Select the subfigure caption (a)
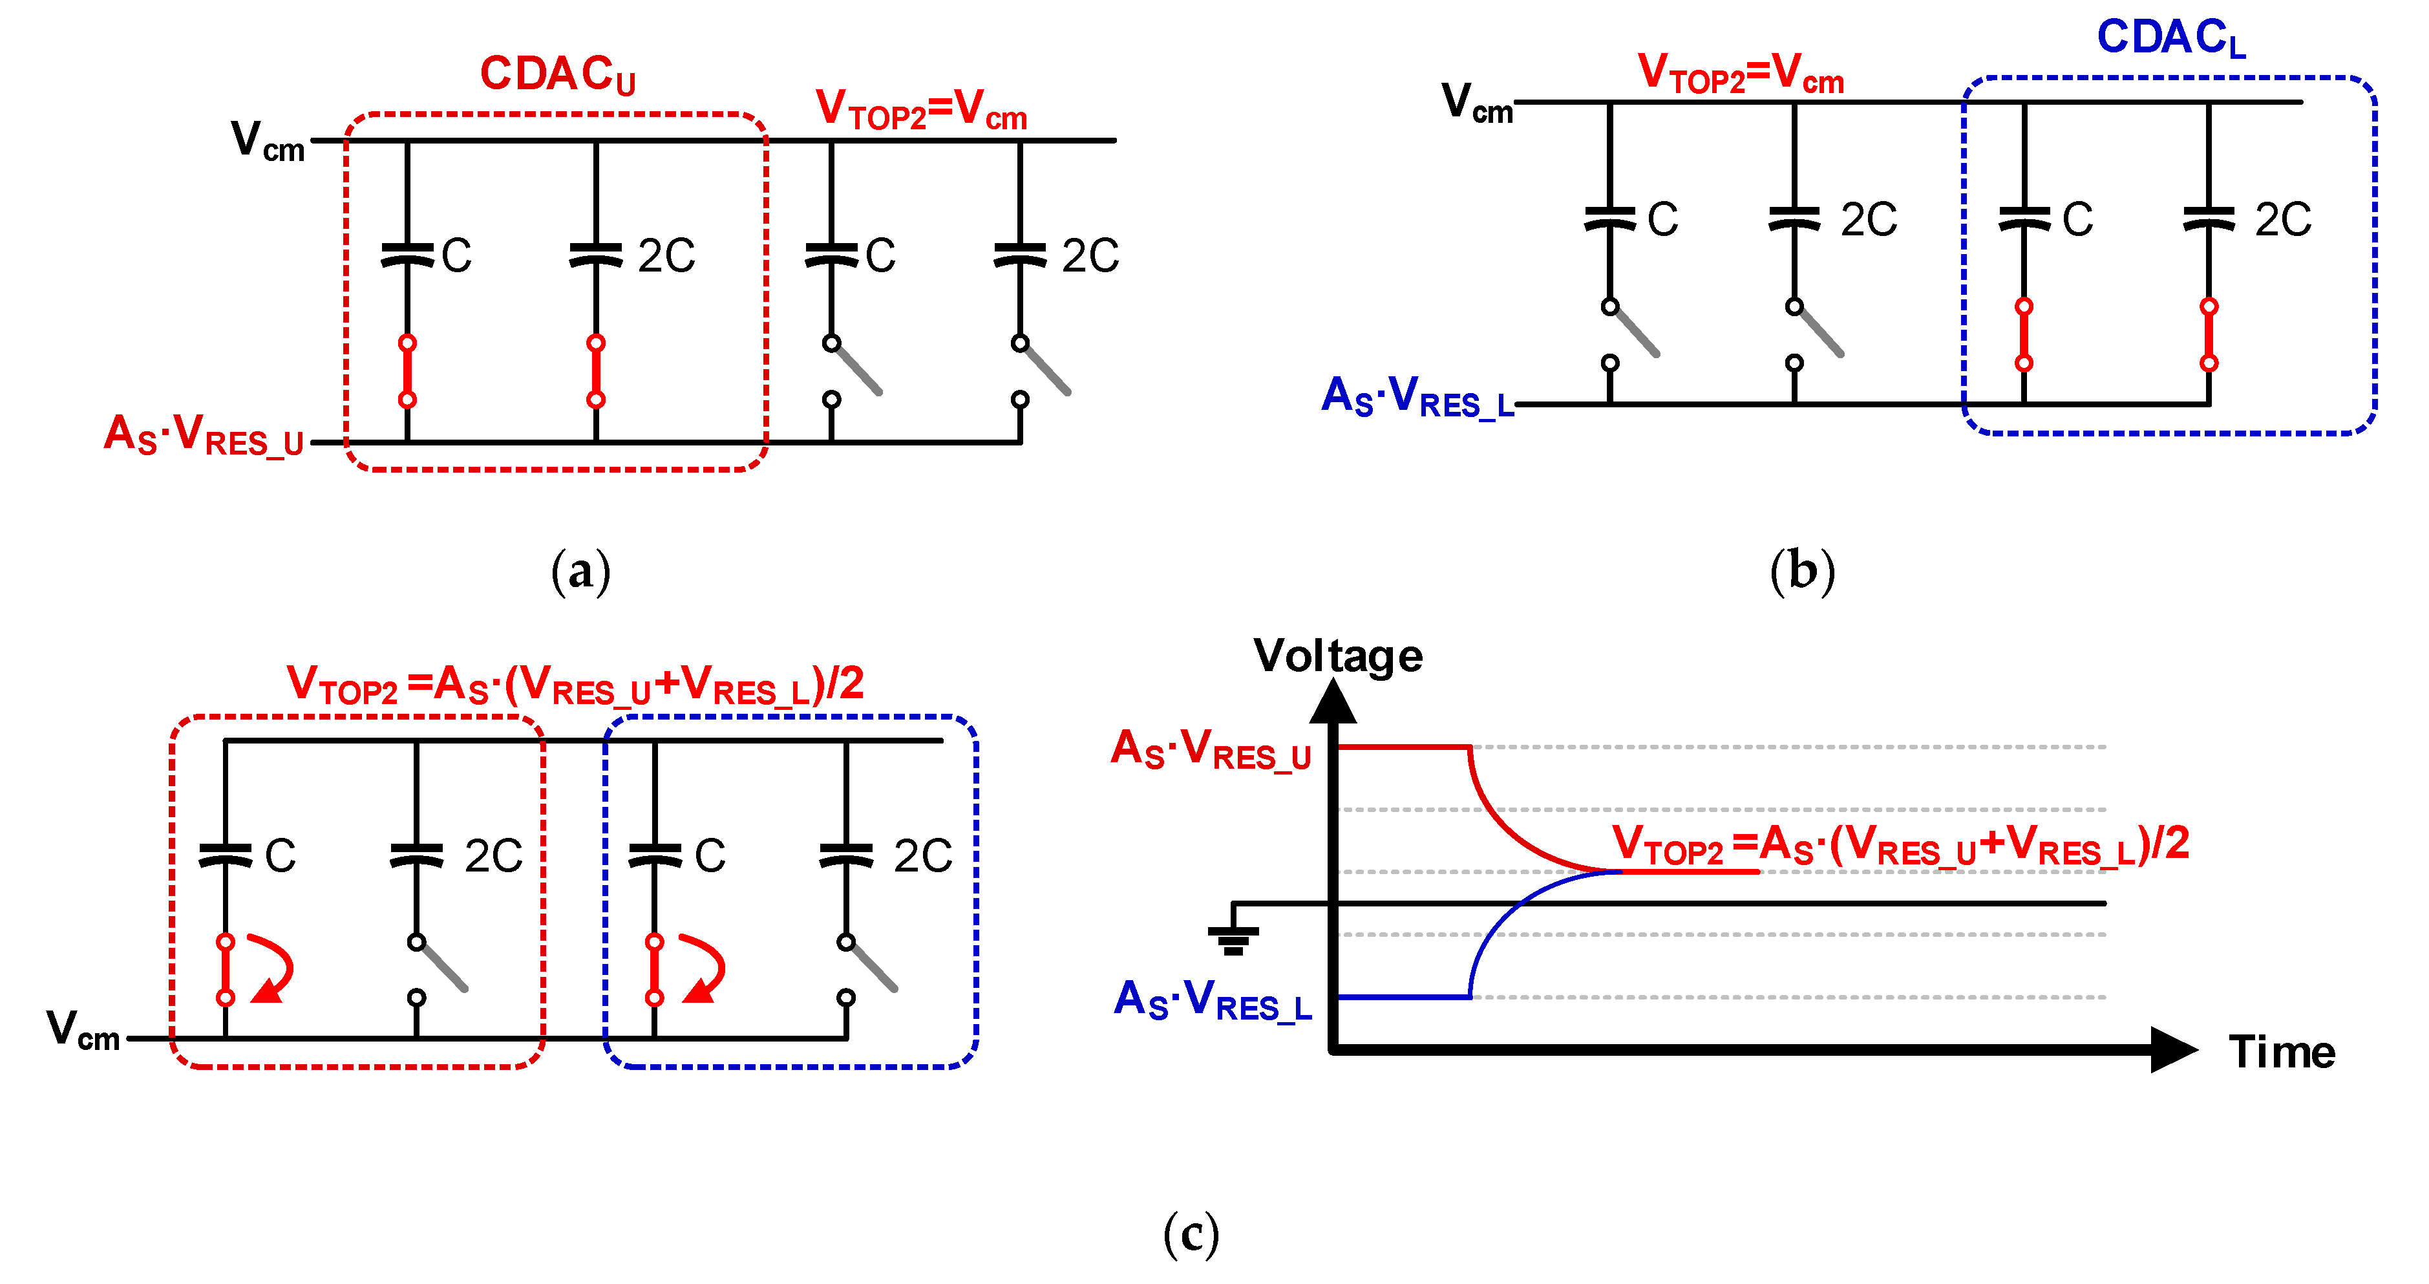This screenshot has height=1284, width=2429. pyautogui.click(x=581, y=572)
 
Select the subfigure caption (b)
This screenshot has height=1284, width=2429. pyautogui.click(x=1802, y=572)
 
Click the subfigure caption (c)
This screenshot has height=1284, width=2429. pyautogui.click(x=1191, y=1234)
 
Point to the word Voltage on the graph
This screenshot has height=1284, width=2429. pyautogui.click(x=1337, y=656)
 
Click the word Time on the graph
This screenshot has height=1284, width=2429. pyautogui.click(x=2281, y=1052)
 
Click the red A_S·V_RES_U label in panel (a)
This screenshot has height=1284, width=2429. pyautogui.click(x=204, y=436)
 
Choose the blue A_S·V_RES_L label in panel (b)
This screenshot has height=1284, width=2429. pyautogui.click(x=1417, y=397)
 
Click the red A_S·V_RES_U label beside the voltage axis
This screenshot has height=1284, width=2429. pyautogui.click(x=1211, y=750)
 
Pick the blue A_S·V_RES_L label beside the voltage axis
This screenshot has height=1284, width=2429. pyautogui.click(x=1213, y=1000)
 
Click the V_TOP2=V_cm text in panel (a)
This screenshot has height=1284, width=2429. pyautogui.click(x=920, y=109)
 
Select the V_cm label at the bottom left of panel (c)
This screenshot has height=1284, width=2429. pyautogui.click(x=83, y=1029)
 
